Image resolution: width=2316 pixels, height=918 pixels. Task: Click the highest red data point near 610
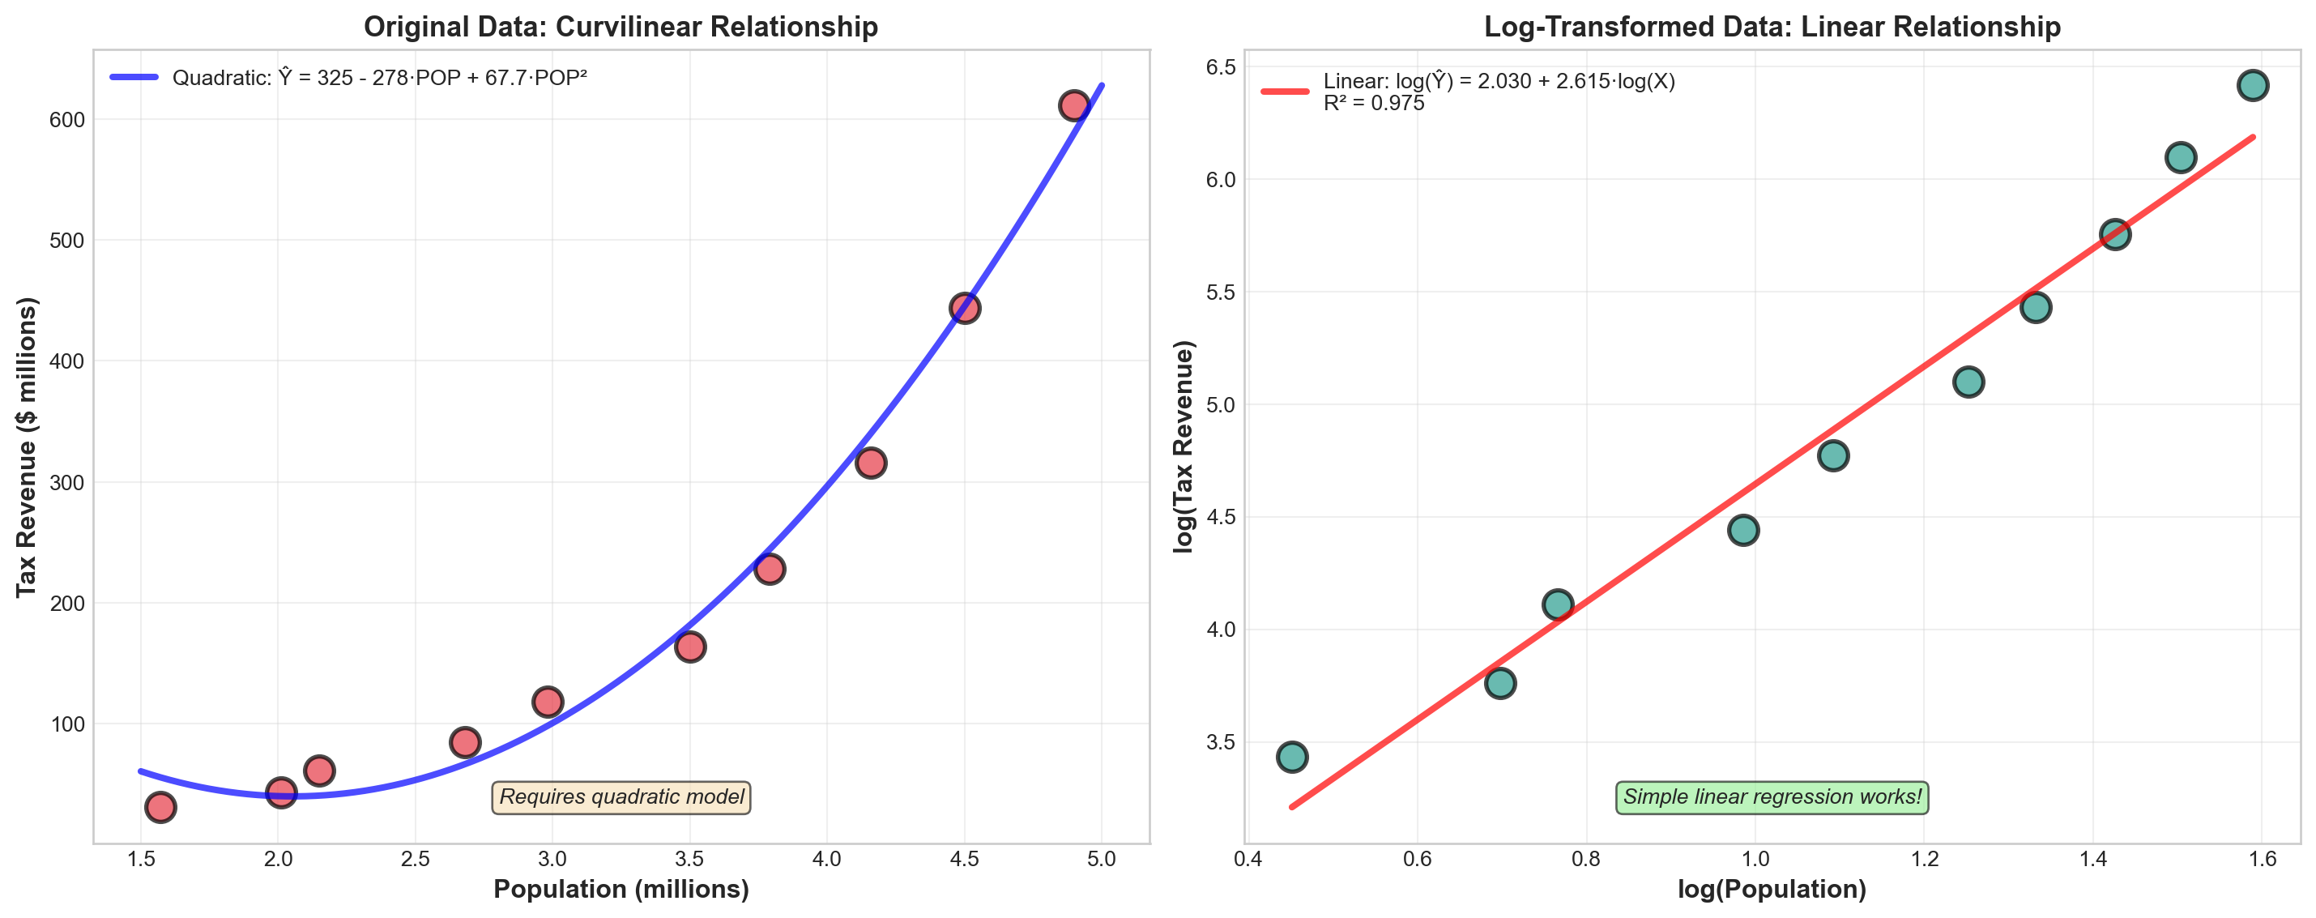click(1074, 106)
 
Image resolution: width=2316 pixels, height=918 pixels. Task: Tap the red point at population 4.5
click(965, 309)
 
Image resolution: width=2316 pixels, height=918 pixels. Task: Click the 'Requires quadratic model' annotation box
click(621, 797)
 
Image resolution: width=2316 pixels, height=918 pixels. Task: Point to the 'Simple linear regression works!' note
click(1771, 797)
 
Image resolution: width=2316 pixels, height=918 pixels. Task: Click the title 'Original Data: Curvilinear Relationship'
click(621, 27)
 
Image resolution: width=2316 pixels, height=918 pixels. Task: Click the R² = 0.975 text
click(1374, 104)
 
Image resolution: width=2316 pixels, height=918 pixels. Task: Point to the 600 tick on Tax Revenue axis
click(67, 120)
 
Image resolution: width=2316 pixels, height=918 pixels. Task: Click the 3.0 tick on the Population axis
click(552, 860)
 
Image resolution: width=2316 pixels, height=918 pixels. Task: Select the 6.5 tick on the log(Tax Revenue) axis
click(1218, 67)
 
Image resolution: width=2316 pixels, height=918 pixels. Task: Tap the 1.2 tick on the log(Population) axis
click(1924, 860)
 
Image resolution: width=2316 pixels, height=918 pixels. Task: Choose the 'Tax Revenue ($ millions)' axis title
click(27, 447)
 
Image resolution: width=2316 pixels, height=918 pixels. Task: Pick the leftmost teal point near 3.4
click(1292, 757)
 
